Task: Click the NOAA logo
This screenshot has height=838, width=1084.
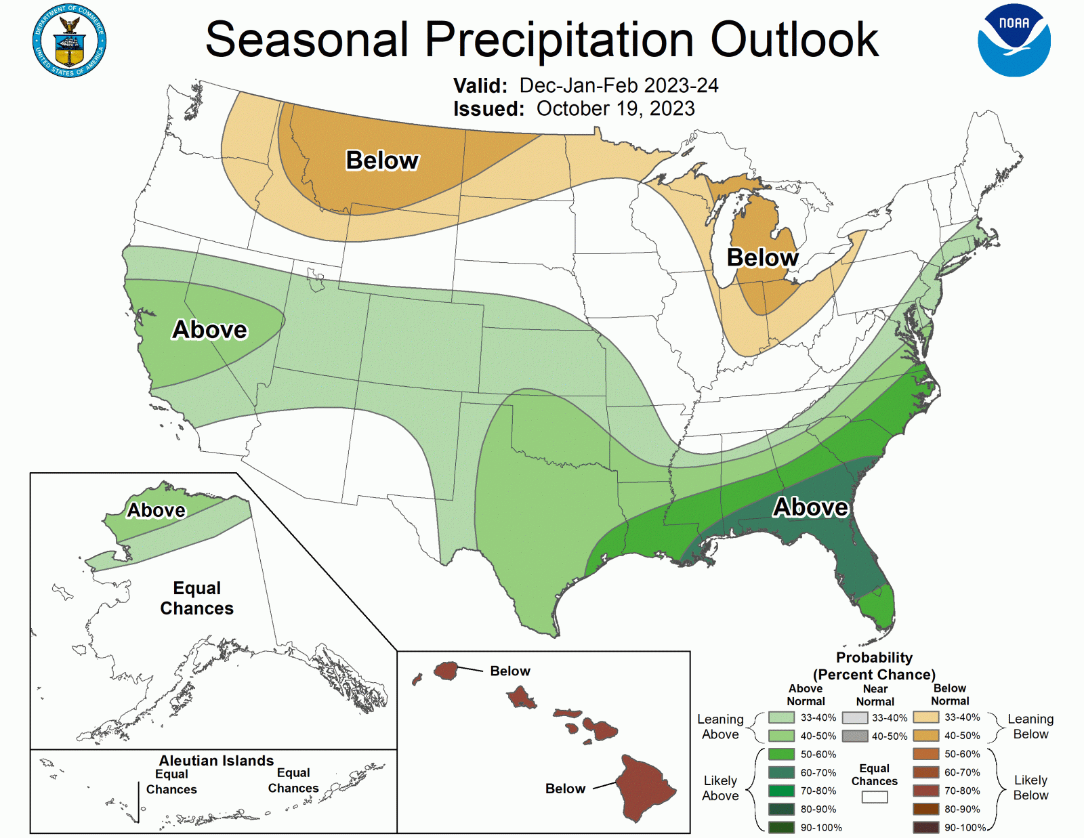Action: tap(1014, 41)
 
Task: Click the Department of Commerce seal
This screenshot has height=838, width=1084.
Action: tap(69, 41)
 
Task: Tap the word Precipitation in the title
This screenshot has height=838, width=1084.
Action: tap(559, 39)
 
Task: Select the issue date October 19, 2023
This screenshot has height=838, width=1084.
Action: tap(615, 108)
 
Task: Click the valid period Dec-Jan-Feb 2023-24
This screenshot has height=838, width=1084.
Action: tap(619, 85)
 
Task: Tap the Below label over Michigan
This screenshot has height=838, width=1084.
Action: tap(762, 257)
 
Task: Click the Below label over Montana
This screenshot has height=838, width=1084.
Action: tap(382, 161)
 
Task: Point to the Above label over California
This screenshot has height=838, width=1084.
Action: tap(209, 329)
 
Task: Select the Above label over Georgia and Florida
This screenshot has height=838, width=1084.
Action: tap(810, 507)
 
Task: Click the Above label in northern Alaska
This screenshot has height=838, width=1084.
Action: tap(157, 510)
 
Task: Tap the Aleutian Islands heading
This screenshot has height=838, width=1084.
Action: tap(216, 761)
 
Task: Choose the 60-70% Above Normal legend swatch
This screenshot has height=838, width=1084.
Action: tap(781, 772)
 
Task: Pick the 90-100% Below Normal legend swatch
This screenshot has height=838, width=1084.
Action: tap(925, 827)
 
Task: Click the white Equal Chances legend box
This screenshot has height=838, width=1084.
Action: tap(874, 797)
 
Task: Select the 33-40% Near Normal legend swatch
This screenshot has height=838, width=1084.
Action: tap(854, 717)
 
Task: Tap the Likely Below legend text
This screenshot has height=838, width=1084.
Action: tap(1030, 787)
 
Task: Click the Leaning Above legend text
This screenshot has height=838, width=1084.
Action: tap(720, 726)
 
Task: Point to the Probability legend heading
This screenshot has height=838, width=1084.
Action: tap(874, 658)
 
